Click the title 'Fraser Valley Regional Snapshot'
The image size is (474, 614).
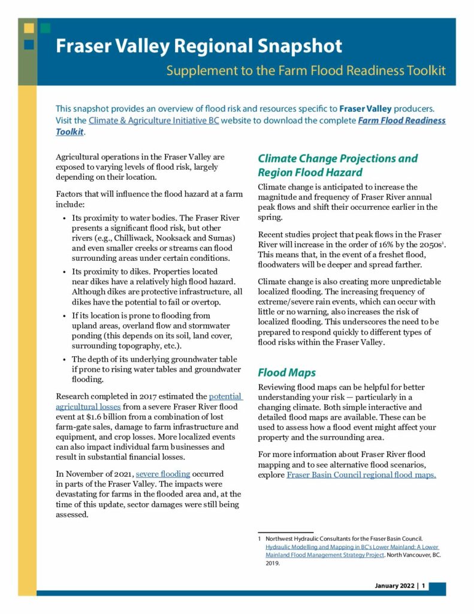click(x=199, y=47)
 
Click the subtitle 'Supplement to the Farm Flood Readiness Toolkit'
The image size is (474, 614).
click(x=306, y=71)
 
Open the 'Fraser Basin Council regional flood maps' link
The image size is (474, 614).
click(x=361, y=475)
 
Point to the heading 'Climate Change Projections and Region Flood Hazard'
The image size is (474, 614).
click(x=337, y=165)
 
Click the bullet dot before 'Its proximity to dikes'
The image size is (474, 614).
click(x=65, y=272)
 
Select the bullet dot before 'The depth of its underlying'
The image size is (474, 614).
click(x=65, y=359)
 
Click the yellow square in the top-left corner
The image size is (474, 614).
click(x=28, y=28)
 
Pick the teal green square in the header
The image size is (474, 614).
click(x=46, y=28)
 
